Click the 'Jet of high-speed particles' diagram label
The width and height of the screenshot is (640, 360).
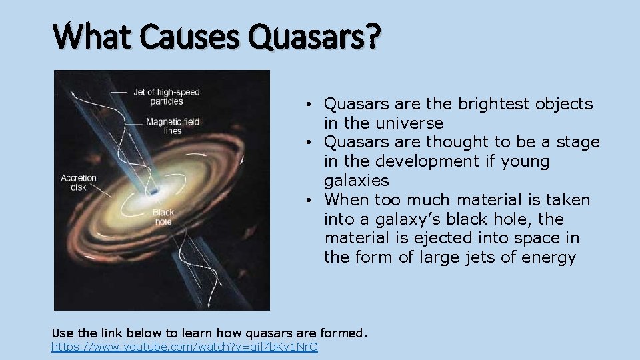click(x=166, y=97)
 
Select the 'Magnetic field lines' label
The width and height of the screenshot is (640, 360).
click(x=173, y=127)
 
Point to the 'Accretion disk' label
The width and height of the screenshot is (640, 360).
click(x=79, y=183)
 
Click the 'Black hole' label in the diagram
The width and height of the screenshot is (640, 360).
click(x=163, y=217)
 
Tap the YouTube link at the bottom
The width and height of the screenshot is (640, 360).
click(x=185, y=347)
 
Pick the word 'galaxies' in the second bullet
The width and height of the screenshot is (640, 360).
click(x=356, y=181)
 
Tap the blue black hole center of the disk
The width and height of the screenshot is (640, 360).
click(x=154, y=192)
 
